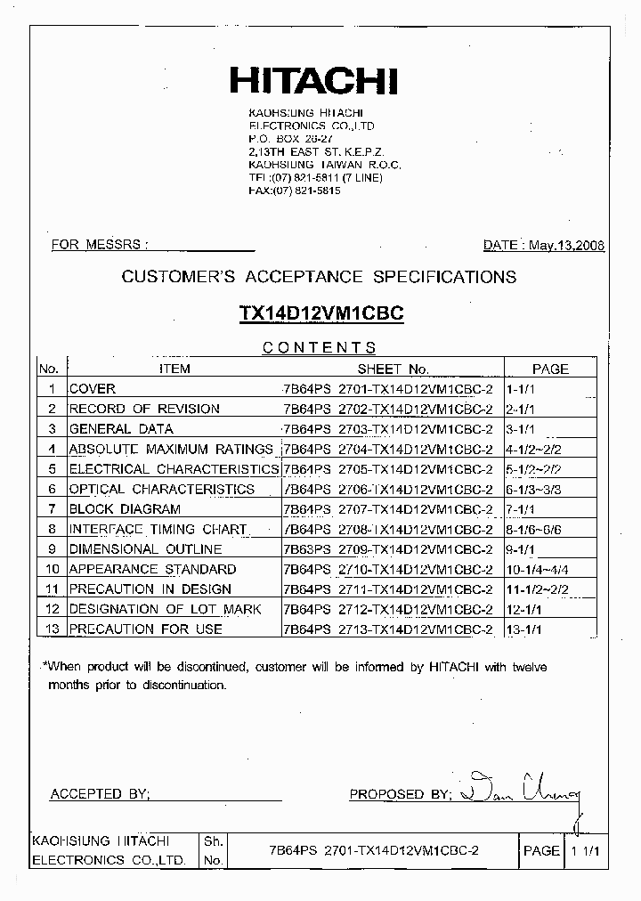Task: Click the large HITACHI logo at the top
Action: [x=313, y=82]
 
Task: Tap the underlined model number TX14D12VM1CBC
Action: [x=321, y=313]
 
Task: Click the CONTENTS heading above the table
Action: [x=319, y=348]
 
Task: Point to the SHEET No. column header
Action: [x=393, y=369]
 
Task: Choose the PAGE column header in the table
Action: [x=550, y=369]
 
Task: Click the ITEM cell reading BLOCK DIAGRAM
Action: [x=125, y=509]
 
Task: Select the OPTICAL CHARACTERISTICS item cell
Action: [x=162, y=489]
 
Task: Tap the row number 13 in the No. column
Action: [x=52, y=629]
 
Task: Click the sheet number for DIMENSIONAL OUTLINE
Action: [x=387, y=549]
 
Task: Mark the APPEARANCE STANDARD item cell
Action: [x=152, y=569]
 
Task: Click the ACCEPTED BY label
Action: [x=100, y=793]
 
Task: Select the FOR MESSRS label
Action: [x=99, y=245]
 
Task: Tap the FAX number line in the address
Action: [x=294, y=191]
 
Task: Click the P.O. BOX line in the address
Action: [x=290, y=140]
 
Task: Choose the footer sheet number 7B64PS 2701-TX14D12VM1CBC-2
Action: [x=374, y=851]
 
